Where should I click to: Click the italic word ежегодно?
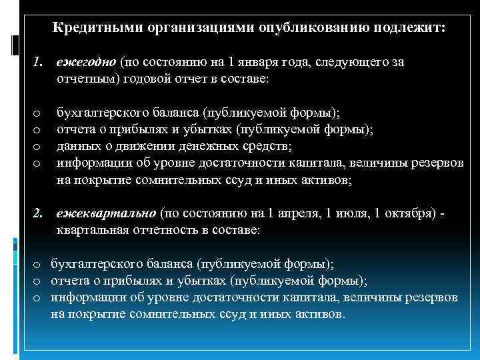pyautogui.click(x=86, y=62)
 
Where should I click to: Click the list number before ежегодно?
pyautogui.click(x=38, y=62)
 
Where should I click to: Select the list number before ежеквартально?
pyautogui.click(x=39, y=213)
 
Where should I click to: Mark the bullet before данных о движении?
pyautogui.click(x=37, y=147)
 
